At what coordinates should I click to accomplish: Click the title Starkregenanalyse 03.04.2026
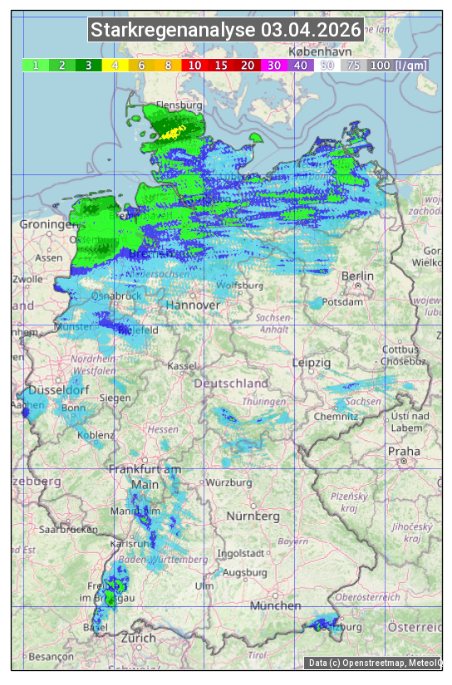pyautogui.click(x=226, y=31)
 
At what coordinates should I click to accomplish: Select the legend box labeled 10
pyautogui.click(x=194, y=65)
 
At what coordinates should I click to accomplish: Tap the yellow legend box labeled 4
pyautogui.click(x=115, y=65)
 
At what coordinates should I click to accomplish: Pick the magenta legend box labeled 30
pyautogui.click(x=273, y=65)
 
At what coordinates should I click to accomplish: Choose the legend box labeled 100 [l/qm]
pyautogui.click(x=387, y=65)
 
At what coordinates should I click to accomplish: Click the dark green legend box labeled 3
pyautogui.click(x=89, y=65)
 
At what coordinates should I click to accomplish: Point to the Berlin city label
pyautogui.click(x=357, y=276)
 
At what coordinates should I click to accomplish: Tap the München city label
pyautogui.click(x=275, y=606)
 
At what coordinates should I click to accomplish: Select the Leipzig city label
pyautogui.click(x=312, y=363)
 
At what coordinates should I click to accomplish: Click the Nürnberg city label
pyautogui.click(x=253, y=516)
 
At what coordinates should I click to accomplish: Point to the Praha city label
pyautogui.click(x=404, y=452)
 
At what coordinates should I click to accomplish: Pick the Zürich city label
pyautogui.click(x=138, y=638)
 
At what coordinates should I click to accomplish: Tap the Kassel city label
pyautogui.click(x=181, y=365)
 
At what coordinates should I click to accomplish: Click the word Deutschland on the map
pyautogui.click(x=231, y=383)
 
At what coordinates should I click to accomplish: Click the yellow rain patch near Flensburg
pyautogui.click(x=174, y=132)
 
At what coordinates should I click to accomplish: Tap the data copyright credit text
pyautogui.click(x=375, y=663)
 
